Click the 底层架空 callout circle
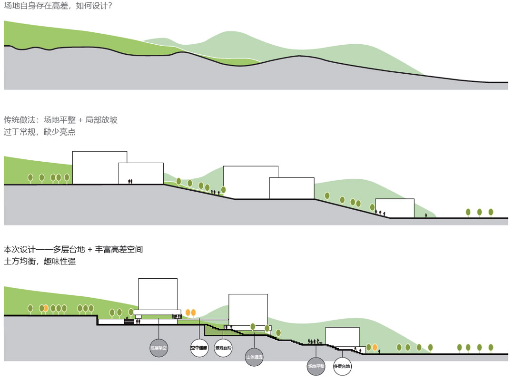[x=159, y=348]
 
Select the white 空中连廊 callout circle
[x=200, y=348]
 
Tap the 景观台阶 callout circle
[x=223, y=348]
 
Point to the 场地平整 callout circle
[x=316, y=366]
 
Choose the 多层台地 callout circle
[x=342, y=366]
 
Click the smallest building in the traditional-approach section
[x=395, y=208]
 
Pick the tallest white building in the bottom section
[x=158, y=294]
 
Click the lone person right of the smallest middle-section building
[x=426, y=215]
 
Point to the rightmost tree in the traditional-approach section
[x=491, y=212]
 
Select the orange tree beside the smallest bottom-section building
[x=375, y=347]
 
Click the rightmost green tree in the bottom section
[x=491, y=348]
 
